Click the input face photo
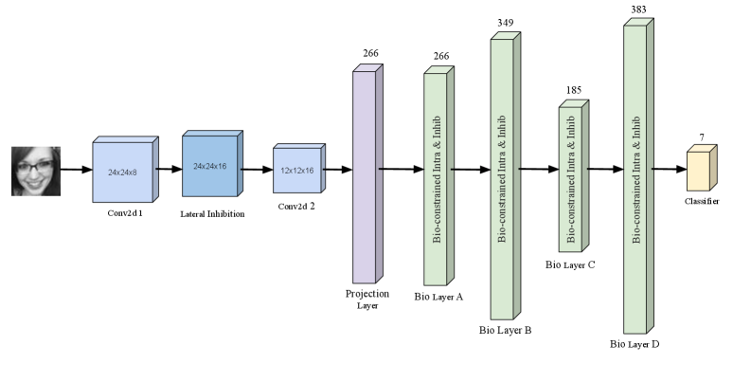click(36, 171)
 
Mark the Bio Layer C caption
click(571, 264)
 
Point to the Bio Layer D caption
click(635, 343)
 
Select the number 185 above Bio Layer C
click(573, 90)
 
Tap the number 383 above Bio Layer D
click(638, 9)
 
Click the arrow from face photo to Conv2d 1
click(76, 171)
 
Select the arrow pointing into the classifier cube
click(669, 170)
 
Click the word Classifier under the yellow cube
click(701, 202)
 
